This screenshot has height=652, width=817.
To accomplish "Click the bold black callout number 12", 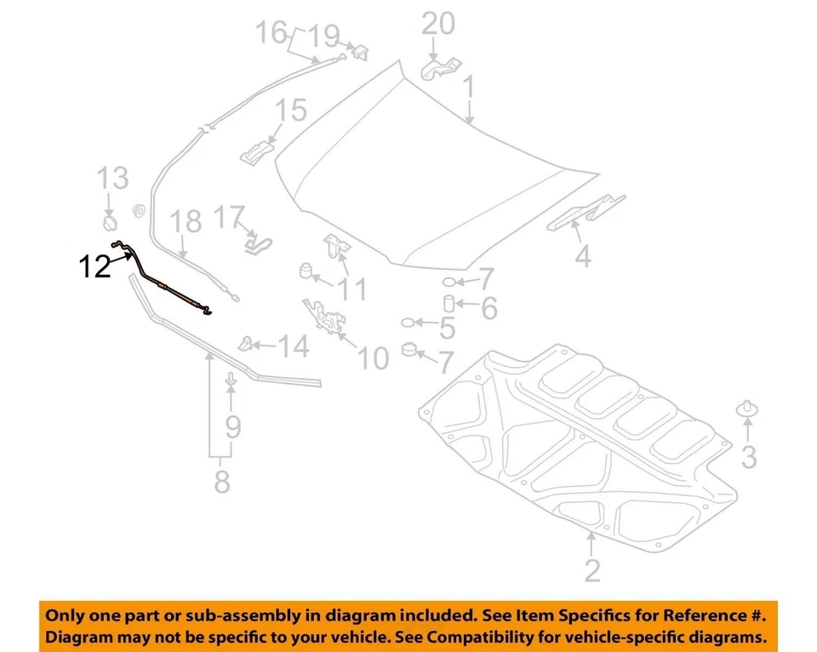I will (x=95, y=267).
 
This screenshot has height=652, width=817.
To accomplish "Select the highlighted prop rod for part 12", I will (x=170, y=286).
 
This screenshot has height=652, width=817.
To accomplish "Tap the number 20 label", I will (x=438, y=23).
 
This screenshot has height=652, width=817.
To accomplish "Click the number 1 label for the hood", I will (x=467, y=87).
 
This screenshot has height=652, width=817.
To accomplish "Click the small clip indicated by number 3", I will (x=747, y=408).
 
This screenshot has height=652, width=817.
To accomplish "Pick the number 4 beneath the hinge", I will (x=582, y=255).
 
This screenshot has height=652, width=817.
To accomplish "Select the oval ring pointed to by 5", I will (x=410, y=323).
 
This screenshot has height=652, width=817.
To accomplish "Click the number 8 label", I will (x=221, y=482).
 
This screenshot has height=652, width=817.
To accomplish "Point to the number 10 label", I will (x=372, y=358).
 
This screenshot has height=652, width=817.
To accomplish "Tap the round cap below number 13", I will (x=110, y=223).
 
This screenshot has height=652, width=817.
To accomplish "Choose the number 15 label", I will (x=289, y=111).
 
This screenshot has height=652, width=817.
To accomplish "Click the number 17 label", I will (x=229, y=218).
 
